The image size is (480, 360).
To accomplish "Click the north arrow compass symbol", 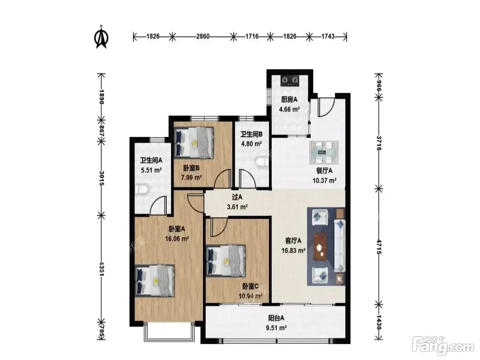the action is (101, 37).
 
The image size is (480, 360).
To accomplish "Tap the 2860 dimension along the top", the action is (203, 36).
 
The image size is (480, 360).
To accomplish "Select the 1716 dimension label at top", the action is (252, 36).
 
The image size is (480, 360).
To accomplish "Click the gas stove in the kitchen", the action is (290, 81).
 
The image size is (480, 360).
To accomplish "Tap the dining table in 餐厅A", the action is (324, 152).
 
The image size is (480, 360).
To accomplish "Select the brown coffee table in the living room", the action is (320, 246).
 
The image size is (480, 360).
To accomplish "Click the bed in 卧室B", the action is (194, 143).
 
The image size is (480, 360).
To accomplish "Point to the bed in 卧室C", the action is (226, 261).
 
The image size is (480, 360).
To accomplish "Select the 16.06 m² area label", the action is (177, 239).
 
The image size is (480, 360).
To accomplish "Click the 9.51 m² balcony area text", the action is (276, 328).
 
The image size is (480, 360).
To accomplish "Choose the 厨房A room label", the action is (289, 100).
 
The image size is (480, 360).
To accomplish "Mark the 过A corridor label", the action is (237, 197).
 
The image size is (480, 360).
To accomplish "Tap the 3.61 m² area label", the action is (237, 206).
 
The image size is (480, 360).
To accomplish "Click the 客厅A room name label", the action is (293, 241).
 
